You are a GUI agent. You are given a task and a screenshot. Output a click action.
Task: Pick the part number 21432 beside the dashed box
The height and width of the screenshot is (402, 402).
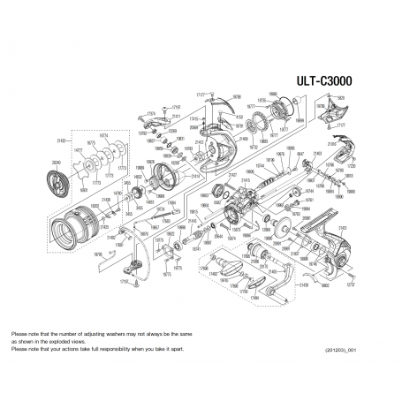62,140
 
